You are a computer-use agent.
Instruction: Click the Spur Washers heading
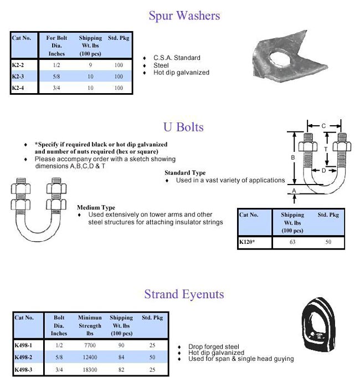[184, 16]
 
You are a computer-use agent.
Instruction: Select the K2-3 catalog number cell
[19, 76]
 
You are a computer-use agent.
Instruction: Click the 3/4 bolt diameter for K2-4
[57, 88]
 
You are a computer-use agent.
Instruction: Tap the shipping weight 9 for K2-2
[90, 65]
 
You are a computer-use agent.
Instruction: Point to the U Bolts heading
[183, 127]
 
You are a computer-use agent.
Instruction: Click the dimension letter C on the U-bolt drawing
[323, 126]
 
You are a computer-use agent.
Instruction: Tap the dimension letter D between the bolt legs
[324, 171]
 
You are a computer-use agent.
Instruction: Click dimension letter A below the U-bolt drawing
[294, 191]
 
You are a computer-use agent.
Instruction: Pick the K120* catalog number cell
[249, 242]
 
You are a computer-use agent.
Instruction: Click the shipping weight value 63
[292, 242]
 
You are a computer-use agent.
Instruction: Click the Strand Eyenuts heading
[184, 294]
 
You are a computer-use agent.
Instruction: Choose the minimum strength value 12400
[90, 356]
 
